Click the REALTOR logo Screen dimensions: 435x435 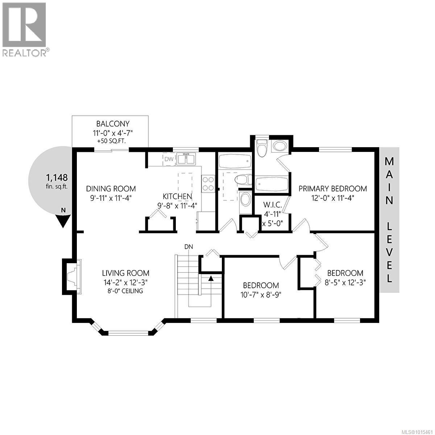point(24,29)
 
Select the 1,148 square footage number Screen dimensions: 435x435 point(56,178)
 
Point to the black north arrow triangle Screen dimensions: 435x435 point(63,220)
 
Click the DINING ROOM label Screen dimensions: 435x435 point(111,188)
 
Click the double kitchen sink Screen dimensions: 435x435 point(187,159)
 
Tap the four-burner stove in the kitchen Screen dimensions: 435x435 point(208,183)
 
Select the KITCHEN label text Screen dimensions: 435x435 point(177,196)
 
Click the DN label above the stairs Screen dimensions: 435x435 point(188,247)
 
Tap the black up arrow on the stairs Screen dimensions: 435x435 point(210,278)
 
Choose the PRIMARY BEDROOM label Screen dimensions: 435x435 point(332,188)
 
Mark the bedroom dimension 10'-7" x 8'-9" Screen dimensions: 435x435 point(261,294)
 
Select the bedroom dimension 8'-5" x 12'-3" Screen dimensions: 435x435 point(345,282)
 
